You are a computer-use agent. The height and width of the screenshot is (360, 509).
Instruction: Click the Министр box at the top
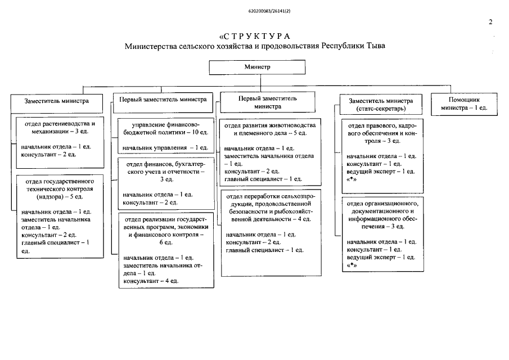[257, 67]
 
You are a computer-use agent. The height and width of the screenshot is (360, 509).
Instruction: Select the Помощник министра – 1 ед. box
[464, 103]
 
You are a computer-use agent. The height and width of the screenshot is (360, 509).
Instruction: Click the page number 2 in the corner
[490, 22]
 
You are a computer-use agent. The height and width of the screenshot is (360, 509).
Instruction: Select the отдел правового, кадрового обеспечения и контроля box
[381, 152]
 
